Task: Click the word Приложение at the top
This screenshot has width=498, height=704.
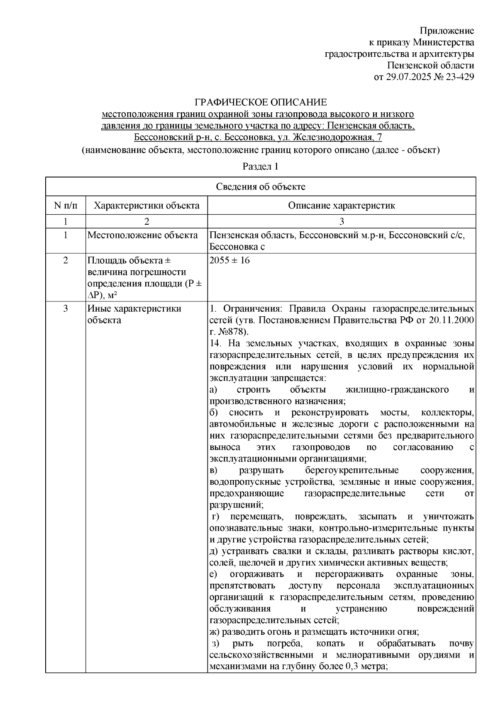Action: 447,31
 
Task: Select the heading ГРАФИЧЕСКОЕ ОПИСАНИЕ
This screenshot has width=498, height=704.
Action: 261,102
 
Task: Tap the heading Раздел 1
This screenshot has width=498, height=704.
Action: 260,167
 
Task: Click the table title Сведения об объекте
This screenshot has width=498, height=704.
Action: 260,187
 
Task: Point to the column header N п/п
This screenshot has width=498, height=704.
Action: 66,205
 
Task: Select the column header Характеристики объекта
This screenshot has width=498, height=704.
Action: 146,205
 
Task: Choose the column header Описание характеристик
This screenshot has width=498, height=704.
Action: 341,205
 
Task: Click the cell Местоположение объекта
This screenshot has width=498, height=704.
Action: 142,235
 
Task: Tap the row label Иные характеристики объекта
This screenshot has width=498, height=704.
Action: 134,314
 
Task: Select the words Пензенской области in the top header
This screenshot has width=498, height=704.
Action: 430,66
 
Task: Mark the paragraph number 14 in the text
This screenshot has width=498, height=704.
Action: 215,343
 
